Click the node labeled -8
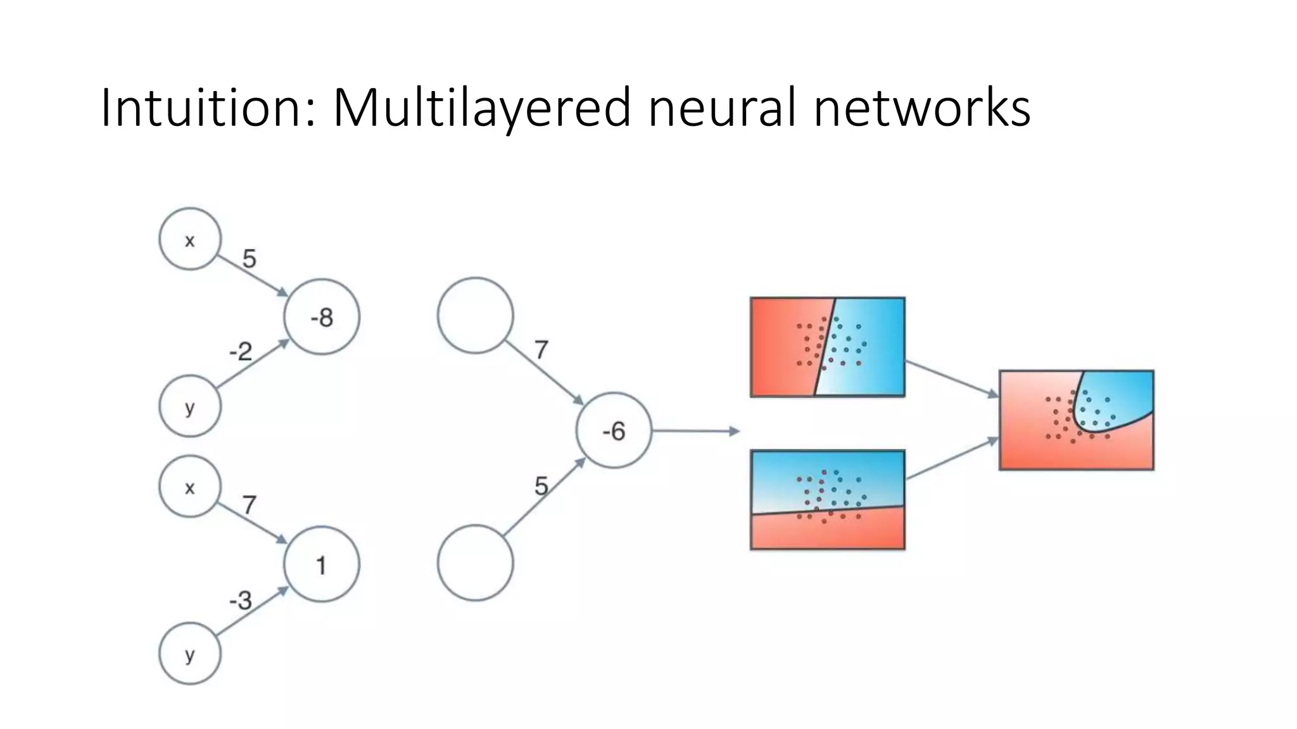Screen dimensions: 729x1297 322,316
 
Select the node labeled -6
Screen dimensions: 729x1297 614,431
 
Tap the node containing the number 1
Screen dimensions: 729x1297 322,564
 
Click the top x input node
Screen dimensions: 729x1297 190,239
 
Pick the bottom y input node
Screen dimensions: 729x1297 190,654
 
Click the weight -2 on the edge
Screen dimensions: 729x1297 241,351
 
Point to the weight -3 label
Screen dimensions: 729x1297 241,600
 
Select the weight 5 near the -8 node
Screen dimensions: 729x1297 250,258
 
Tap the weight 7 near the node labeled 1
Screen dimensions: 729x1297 250,505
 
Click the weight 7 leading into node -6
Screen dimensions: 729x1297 541,350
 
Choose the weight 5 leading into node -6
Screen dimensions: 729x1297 541,486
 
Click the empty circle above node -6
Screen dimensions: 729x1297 475,315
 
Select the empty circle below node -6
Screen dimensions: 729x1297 475,563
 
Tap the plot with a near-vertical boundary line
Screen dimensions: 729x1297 827,347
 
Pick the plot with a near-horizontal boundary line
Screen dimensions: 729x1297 827,499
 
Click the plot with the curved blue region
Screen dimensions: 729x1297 1076,420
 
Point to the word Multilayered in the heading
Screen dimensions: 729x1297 481,108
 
